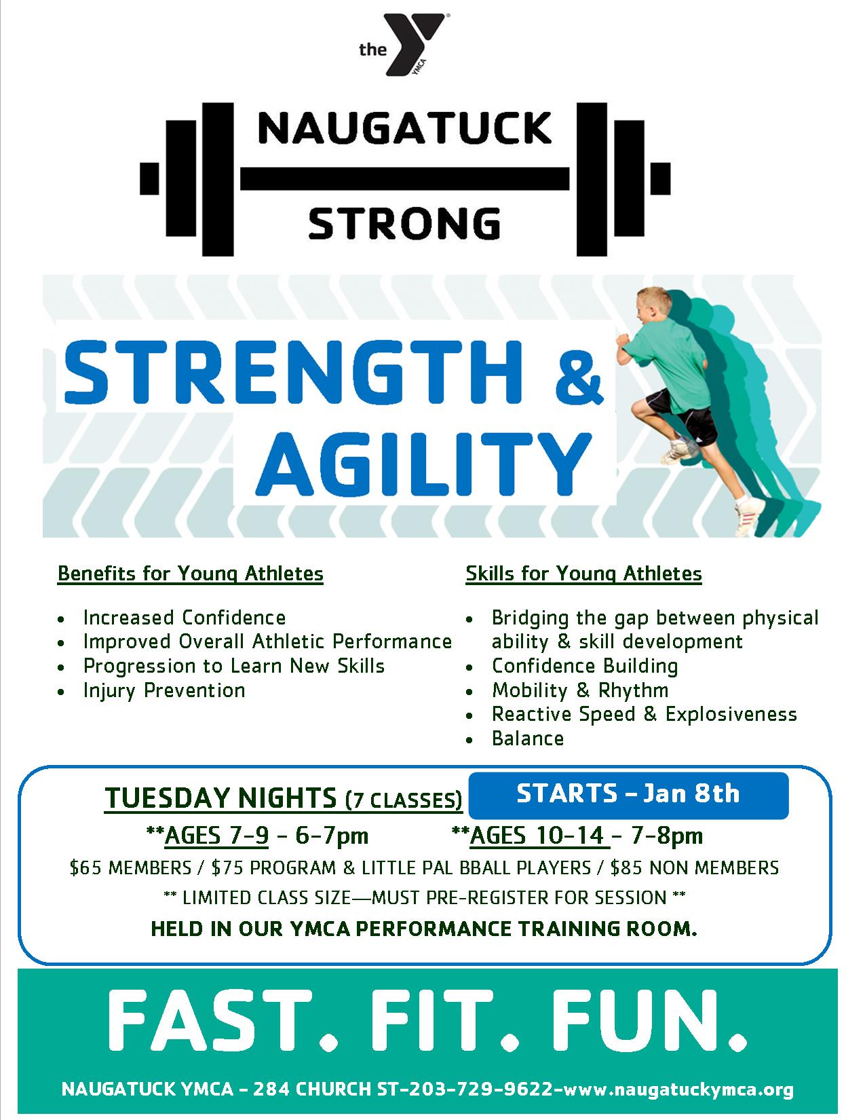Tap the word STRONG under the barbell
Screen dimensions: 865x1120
[404, 223]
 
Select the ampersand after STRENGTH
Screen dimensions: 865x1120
[579, 373]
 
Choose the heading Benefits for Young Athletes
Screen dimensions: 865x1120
[190, 574]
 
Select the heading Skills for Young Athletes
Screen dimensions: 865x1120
[583, 574]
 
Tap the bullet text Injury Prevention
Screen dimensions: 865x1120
[164, 690]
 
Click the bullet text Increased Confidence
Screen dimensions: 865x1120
[185, 618]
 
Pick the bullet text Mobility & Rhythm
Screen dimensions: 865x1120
[580, 690]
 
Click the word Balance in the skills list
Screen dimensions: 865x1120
[528, 739]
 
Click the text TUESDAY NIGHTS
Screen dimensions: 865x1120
[220, 798]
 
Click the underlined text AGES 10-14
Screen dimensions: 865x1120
[537, 836]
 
